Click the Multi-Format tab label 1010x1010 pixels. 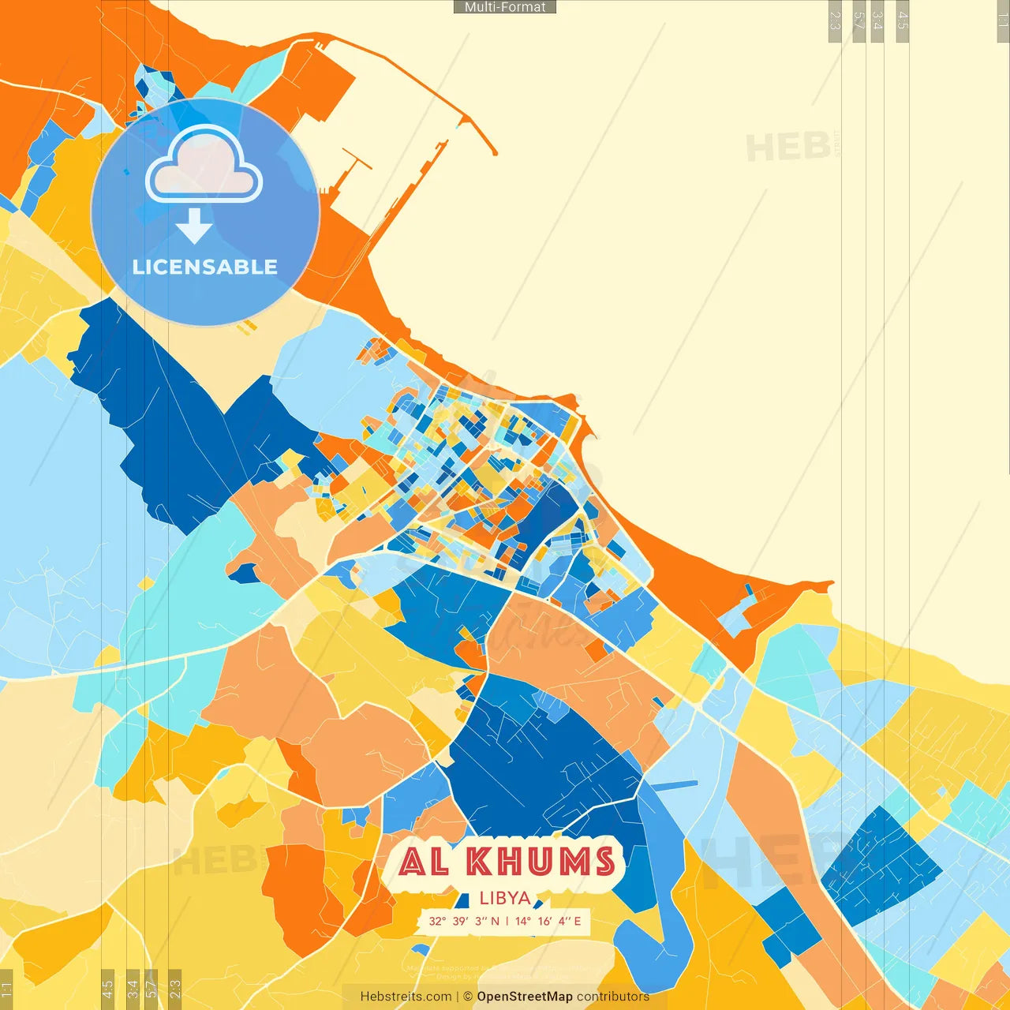505,7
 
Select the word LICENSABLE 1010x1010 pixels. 205,267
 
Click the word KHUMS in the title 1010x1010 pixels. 541,862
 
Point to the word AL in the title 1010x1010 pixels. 424,862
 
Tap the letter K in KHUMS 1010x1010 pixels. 481,862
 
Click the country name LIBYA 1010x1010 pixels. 505,898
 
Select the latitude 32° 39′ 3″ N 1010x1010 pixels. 464,921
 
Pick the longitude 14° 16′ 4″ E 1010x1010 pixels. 548,921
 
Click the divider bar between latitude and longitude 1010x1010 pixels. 507,921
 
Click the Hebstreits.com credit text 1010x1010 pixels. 406,997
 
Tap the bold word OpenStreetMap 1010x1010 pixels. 525,997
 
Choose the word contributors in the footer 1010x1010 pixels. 613,997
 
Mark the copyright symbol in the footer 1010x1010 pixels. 468,997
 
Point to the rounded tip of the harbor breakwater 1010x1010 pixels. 494,151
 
